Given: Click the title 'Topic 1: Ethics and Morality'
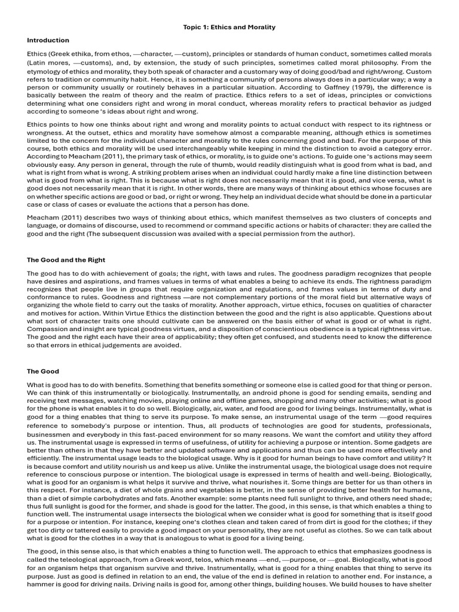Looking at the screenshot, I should tap(229, 27).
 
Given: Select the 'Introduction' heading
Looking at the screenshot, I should tap(48, 40).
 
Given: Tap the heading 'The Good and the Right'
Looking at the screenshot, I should tap(66, 260).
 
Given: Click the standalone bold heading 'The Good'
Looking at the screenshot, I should tap(42, 371).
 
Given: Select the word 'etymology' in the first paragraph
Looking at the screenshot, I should tap(46, 71).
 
